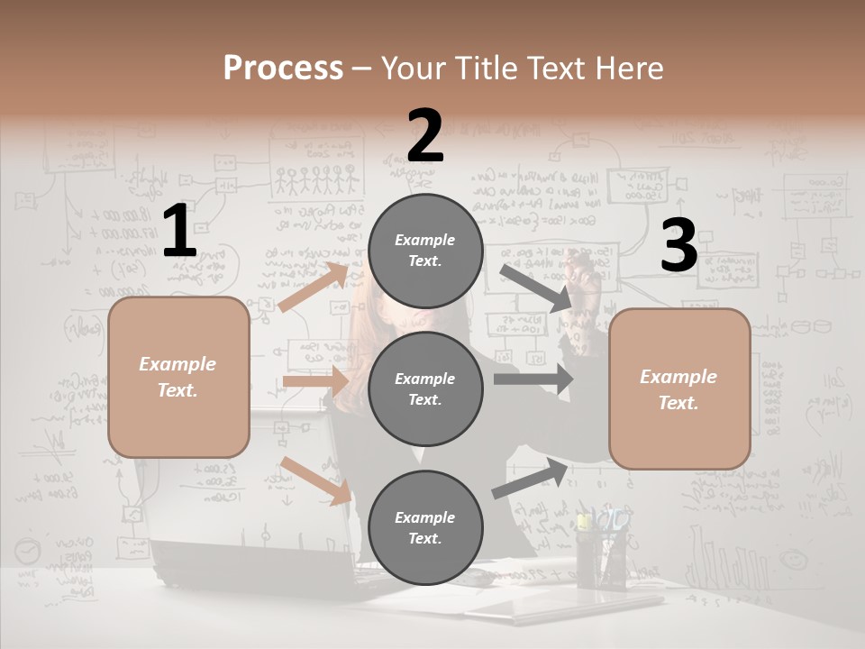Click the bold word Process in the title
(x=283, y=69)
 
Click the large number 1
(x=179, y=232)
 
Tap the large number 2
(x=425, y=136)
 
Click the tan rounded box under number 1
(x=178, y=377)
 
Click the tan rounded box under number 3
(x=679, y=388)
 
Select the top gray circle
(x=425, y=251)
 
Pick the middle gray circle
(x=425, y=388)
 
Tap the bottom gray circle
(x=425, y=527)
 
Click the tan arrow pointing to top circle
(x=314, y=287)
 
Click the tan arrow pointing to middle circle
(x=315, y=382)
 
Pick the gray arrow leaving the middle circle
(x=533, y=379)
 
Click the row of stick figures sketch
(x=314, y=181)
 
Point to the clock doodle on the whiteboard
(x=29, y=550)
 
